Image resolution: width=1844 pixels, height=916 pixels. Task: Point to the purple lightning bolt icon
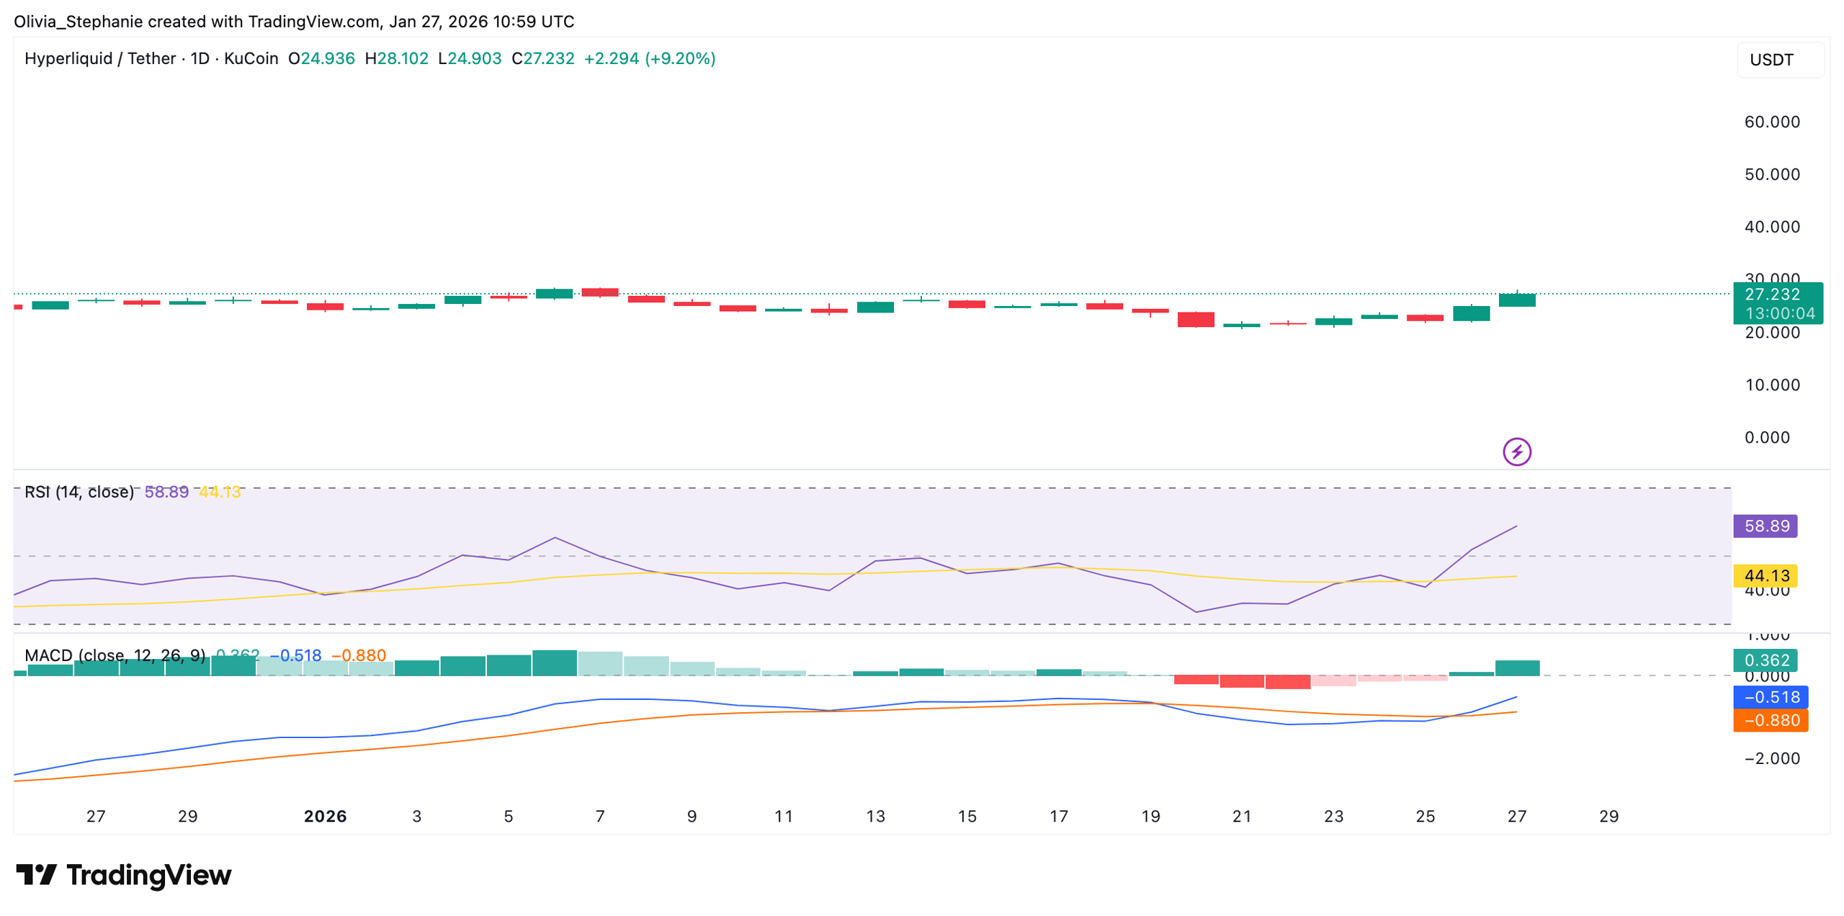point(1516,452)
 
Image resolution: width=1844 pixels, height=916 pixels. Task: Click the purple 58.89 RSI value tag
point(1765,526)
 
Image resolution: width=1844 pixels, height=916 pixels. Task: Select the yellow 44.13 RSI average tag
point(1765,575)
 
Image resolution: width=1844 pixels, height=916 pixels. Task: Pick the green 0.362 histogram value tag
point(1765,660)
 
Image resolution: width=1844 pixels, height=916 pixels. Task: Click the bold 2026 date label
point(325,816)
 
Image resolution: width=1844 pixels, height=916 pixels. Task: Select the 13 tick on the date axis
point(875,816)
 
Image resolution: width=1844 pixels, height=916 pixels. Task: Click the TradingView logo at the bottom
point(124,875)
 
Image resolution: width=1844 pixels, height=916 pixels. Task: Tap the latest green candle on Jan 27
point(1516,300)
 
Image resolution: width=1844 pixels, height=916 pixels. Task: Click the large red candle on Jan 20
point(1195,319)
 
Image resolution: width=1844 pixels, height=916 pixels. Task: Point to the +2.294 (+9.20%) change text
point(649,58)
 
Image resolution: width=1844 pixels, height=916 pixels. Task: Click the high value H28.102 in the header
point(396,58)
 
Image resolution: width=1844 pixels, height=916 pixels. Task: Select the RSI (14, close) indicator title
point(79,492)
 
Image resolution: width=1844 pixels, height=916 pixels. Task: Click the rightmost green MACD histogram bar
point(1516,668)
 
